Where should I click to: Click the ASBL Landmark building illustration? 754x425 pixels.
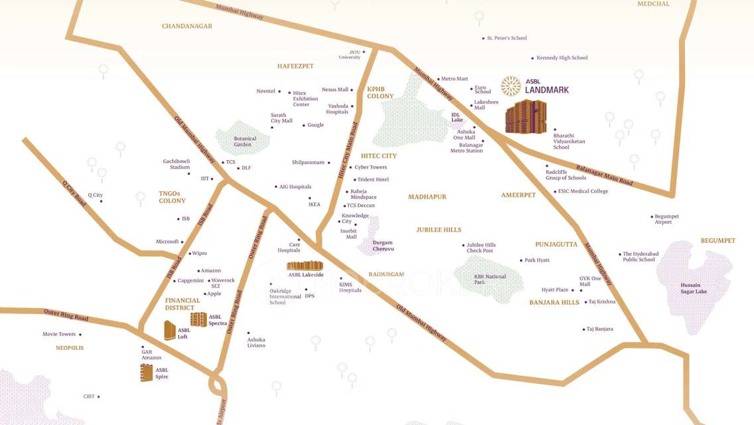pyautogui.click(x=526, y=117)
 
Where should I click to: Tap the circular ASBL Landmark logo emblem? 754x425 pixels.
pyautogui.click(x=511, y=86)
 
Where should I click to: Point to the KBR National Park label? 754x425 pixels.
pyautogui.click(x=489, y=280)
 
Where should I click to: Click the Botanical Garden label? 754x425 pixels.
pyautogui.click(x=245, y=141)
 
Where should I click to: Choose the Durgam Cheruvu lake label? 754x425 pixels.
pyautogui.click(x=383, y=246)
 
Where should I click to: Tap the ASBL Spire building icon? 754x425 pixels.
pyautogui.click(x=147, y=373)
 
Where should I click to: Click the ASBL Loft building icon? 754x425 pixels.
pyautogui.click(x=170, y=330)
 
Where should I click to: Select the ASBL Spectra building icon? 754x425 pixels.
pyautogui.click(x=198, y=319)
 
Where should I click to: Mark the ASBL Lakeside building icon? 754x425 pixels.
pyautogui.click(x=304, y=266)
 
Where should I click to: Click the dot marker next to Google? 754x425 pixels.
pyautogui.click(x=304, y=126)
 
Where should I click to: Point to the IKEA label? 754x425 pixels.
pyautogui.click(x=314, y=205)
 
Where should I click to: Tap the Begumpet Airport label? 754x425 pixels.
pyautogui.click(x=666, y=219)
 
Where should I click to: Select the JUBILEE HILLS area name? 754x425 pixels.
pyautogui.click(x=438, y=230)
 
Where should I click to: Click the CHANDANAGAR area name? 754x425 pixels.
pyautogui.click(x=187, y=26)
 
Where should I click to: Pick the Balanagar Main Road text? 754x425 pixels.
pyautogui.click(x=603, y=175)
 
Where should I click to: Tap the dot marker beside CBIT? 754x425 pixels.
pyautogui.click(x=99, y=397)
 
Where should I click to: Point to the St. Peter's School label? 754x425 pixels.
pyautogui.click(x=507, y=39)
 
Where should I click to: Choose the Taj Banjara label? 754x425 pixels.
pyautogui.click(x=599, y=329)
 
